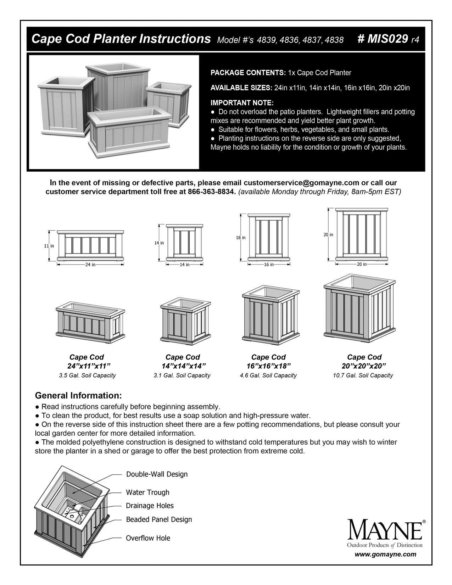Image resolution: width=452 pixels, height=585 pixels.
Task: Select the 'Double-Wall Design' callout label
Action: tap(157, 474)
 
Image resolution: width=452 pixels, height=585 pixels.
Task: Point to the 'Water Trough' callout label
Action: tap(147, 492)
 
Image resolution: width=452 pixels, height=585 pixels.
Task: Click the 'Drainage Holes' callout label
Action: tap(150, 506)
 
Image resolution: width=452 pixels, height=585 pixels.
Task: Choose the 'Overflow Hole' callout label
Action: tap(148, 538)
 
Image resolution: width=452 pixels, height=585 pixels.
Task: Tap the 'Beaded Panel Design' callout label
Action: tap(159, 519)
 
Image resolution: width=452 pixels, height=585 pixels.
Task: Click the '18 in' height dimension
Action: tap(241, 238)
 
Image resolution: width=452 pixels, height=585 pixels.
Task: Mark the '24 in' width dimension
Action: tap(90, 264)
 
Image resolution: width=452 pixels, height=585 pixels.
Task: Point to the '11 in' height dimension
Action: tap(49, 246)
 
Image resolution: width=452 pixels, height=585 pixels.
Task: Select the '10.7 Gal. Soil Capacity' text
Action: tap(363, 375)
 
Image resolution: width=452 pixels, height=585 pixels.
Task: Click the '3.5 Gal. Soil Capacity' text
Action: tap(87, 375)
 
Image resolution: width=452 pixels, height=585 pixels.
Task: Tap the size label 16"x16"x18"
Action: tap(268, 366)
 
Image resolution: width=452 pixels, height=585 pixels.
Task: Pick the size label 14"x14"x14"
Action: tap(183, 366)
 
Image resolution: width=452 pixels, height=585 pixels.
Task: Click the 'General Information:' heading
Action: tap(78, 395)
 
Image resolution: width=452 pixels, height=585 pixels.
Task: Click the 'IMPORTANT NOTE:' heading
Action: tap(242, 103)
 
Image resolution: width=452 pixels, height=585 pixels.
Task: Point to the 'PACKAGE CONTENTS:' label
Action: tap(248, 73)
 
